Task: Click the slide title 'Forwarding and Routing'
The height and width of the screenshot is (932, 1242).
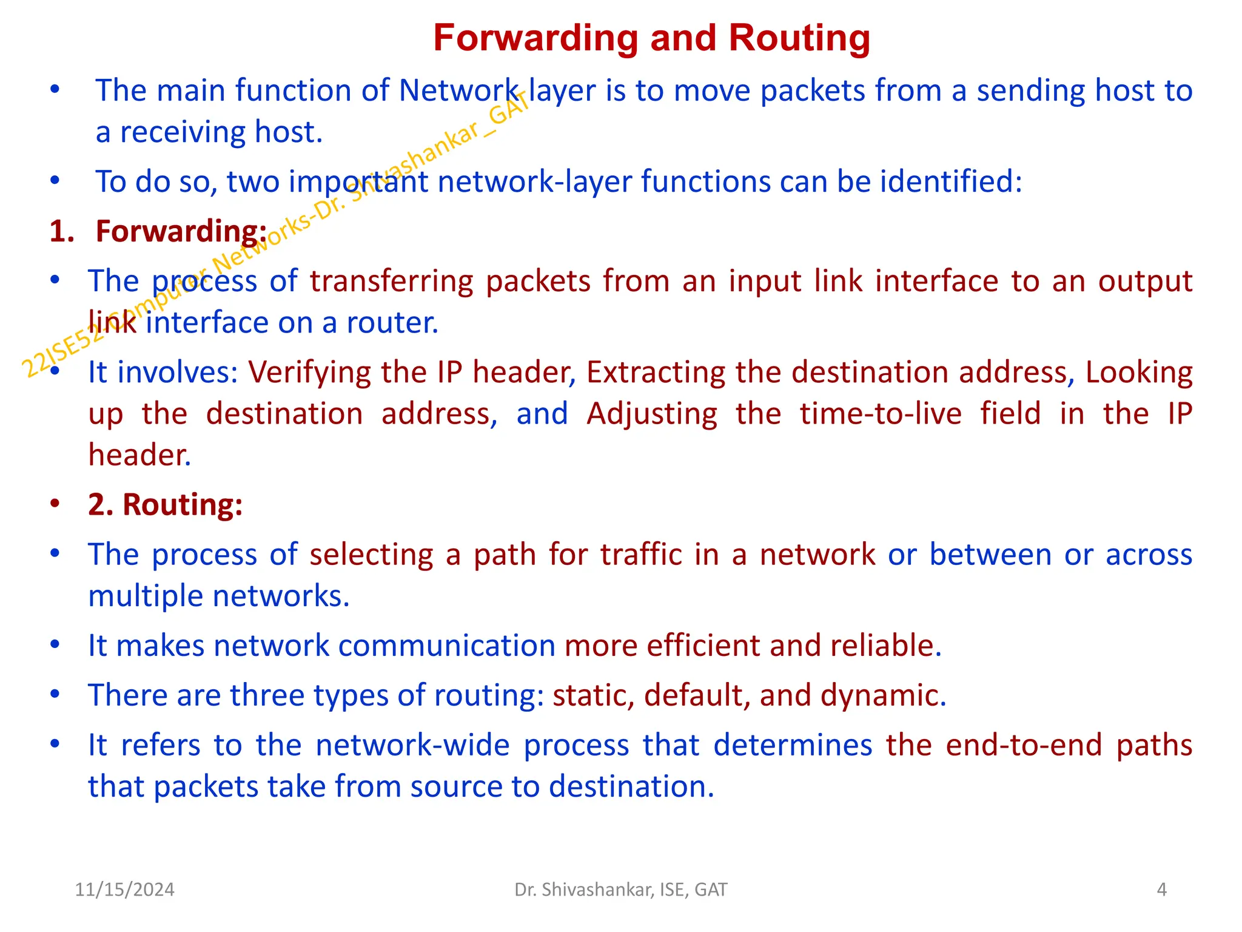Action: (651, 38)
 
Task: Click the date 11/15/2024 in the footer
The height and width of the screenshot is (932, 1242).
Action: (124, 890)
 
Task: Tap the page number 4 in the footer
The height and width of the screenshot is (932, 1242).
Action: (1161, 890)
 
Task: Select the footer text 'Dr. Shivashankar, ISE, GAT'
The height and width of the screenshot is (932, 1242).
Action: (620, 890)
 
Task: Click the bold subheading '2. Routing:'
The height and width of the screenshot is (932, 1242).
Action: (165, 504)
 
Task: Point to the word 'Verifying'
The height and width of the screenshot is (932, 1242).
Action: (307, 372)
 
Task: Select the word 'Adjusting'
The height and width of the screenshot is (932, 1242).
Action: (652, 414)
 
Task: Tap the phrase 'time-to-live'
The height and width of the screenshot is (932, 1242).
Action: (881, 414)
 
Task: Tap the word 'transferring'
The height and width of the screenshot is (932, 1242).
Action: (391, 281)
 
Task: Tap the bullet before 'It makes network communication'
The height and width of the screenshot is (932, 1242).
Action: (55, 644)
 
